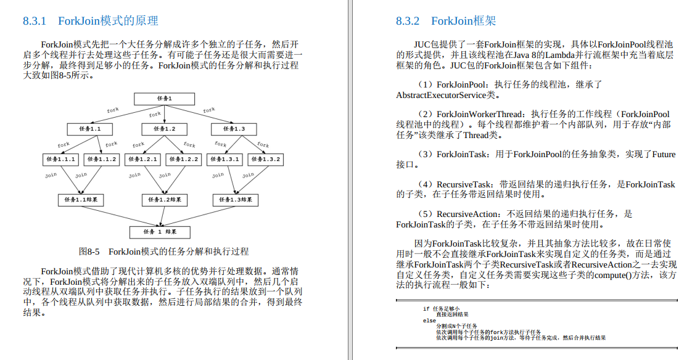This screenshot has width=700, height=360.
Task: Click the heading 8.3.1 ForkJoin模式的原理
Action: pyautogui.click(x=91, y=21)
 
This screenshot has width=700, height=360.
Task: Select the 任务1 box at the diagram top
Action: pyautogui.click(x=165, y=99)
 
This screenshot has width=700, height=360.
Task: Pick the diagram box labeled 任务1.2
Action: pyautogui.click(x=164, y=129)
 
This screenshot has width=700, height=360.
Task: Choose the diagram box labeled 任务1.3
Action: pyautogui.click(x=234, y=129)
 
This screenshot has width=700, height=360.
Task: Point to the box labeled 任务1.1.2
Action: pyautogui.click(x=102, y=159)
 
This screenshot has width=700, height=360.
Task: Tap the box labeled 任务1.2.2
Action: pyautogui.click(x=183, y=159)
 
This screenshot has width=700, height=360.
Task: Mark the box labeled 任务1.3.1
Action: pyautogui.click(x=224, y=159)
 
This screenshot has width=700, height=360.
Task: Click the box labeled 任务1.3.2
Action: pyautogui.click(x=266, y=159)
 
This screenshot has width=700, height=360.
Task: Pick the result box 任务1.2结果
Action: pyautogui.click(x=164, y=200)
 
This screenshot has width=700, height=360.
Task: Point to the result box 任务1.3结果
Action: pyautogui.click(x=235, y=200)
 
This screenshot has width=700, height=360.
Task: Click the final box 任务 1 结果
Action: pyautogui.click(x=160, y=232)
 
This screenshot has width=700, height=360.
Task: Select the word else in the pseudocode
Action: pyautogui.click(x=429, y=321)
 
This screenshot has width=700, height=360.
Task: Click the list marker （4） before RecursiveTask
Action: pyautogui.click(x=426, y=184)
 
